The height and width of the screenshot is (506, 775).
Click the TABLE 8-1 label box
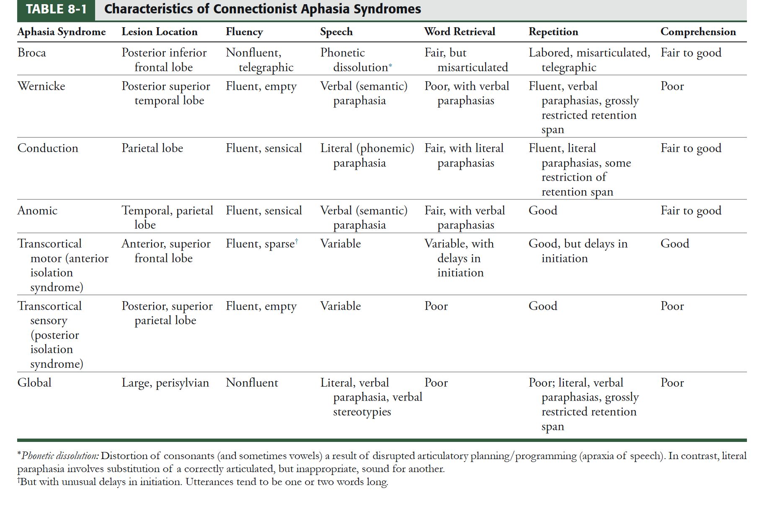click(56, 10)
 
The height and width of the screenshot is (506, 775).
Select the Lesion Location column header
click(159, 32)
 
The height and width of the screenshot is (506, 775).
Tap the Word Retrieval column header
click(460, 32)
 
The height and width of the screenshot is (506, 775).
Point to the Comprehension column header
click(698, 32)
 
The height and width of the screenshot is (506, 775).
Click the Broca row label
click(32, 53)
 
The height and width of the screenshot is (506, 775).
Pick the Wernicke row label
click(41, 86)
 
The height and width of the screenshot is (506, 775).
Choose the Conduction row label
click(48, 148)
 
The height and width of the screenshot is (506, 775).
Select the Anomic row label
click(37, 210)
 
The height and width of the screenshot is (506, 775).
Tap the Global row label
click(34, 383)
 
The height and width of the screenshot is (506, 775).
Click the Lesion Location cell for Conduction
click(152, 148)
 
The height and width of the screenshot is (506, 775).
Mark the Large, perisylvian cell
click(165, 383)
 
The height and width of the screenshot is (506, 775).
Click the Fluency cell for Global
click(252, 383)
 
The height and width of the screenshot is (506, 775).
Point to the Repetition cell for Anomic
click(543, 210)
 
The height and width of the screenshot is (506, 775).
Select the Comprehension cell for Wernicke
click(672, 86)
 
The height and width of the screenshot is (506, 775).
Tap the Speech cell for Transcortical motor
click(340, 244)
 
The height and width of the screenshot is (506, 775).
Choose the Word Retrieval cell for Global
click(436, 383)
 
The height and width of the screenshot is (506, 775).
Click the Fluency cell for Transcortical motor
click(261, 244)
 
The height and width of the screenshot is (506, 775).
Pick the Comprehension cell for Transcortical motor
click(674, 244)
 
